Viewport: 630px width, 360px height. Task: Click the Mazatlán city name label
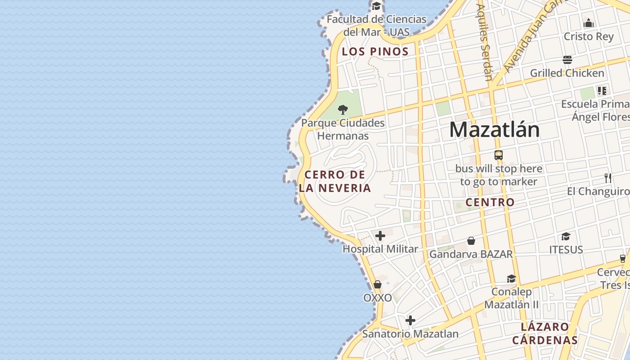point(495,130)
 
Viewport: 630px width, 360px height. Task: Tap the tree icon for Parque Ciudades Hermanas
point(343,109)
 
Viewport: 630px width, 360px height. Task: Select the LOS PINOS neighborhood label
point(375,51)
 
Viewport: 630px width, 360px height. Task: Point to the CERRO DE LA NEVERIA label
point(335,181)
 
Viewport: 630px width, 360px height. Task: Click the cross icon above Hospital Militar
point(380,235)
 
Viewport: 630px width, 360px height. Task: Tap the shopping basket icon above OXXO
point(378,284)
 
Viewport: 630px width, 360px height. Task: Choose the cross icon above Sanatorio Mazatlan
point(410,320)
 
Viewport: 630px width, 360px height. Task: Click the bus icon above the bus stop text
point(499,155)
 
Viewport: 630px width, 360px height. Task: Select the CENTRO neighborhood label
point(490,202)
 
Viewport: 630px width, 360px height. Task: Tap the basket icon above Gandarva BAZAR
point(471,241)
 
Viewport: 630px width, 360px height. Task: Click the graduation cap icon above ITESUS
point(566,236)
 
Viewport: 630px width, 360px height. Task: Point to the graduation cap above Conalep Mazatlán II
point(511,279)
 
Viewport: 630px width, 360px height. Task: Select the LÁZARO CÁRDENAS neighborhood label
point(544,333)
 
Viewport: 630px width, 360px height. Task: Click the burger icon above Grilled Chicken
point(567,60)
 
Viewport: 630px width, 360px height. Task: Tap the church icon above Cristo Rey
point(589,23)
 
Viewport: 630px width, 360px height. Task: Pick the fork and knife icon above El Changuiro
point(608,178)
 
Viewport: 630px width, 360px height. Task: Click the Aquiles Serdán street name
point(485,43)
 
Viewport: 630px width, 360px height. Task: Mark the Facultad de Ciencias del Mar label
point(377,26)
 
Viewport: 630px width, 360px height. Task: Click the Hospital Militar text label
point(380,249)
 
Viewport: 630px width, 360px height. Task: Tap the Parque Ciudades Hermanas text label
point(343,129)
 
